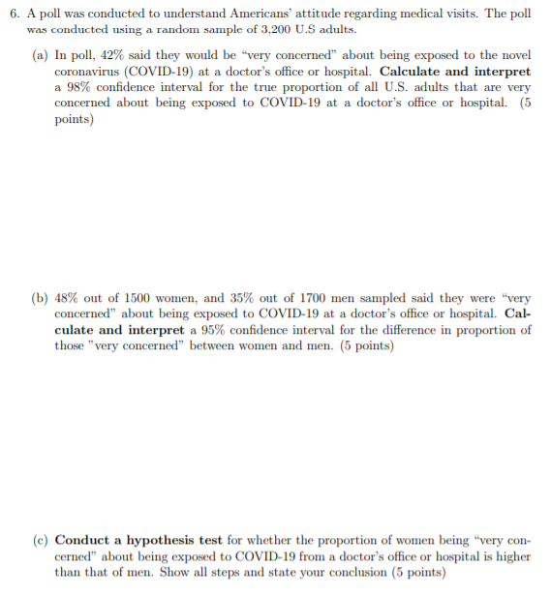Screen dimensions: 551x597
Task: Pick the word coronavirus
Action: (87, 72)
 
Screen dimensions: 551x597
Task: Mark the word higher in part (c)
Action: (513, 556)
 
